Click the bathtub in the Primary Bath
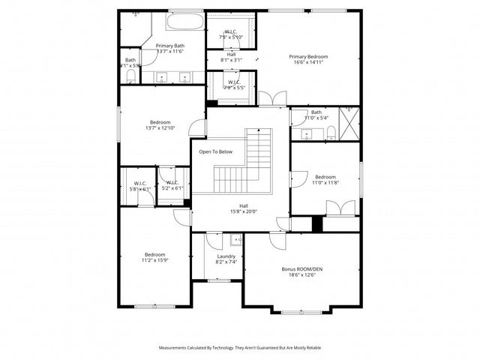pyautogui.click(x=185, y=20)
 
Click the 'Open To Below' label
pyautogui.click(x=215, y=151)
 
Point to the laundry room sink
pyautogui.click(x=235, y=240)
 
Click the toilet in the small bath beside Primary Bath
pyautogui.click(x=131, y=75)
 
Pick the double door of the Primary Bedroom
pyautogui.click(x=273, y=97)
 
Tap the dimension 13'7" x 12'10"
pyautogui.click(x=160, y=128)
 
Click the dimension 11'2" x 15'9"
pyautogui.click(x=154, y=261)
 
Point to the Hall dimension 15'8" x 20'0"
pyautogui.click(x=244, y=211)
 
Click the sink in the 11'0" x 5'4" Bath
pyautogui.click(x=307, y=135)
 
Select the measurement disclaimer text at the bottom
pyautogui.click(x=240, y=348)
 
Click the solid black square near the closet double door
pyautogui.click(x=317, y=223)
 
